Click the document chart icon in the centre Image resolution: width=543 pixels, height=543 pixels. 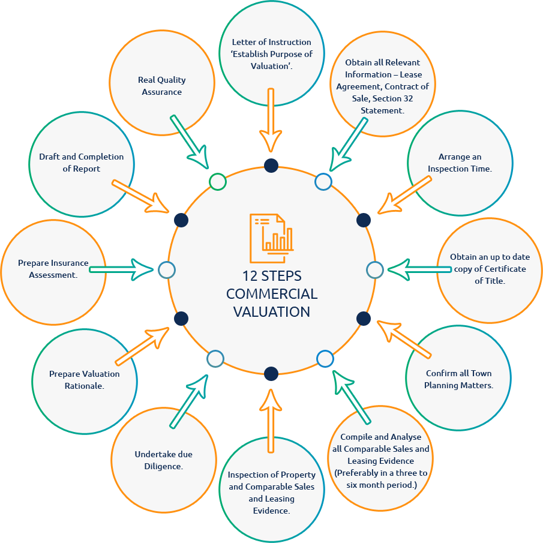tap(272, 235)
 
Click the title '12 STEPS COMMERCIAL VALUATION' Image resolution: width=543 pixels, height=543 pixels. tap(272, 294)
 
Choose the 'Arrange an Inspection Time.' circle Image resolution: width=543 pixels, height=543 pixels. tap(460, 162)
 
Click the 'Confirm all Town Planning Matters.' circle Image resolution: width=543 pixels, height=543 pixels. tap(458, 379)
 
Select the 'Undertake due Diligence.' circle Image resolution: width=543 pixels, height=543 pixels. tap(163, 460)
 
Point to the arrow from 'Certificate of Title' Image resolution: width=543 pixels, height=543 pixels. tap(414, 269)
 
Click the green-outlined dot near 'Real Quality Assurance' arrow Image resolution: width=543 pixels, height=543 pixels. tap(218, 181)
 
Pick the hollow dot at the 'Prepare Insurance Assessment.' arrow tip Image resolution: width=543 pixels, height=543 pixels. tap(167, 270)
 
